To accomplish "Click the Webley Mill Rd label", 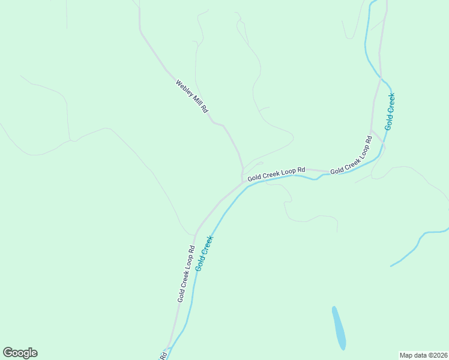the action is [191, 97].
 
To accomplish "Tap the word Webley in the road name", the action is [183, 88].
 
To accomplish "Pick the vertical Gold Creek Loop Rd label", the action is [185, 274].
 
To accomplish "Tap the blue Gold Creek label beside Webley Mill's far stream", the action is [390, 112].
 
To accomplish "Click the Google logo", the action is [20, 353].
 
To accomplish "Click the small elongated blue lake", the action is [339, 328].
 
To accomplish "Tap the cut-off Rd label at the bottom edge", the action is [163, 356].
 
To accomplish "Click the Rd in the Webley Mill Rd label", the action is [205, 110].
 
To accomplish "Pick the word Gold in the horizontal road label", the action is [255, 176].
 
